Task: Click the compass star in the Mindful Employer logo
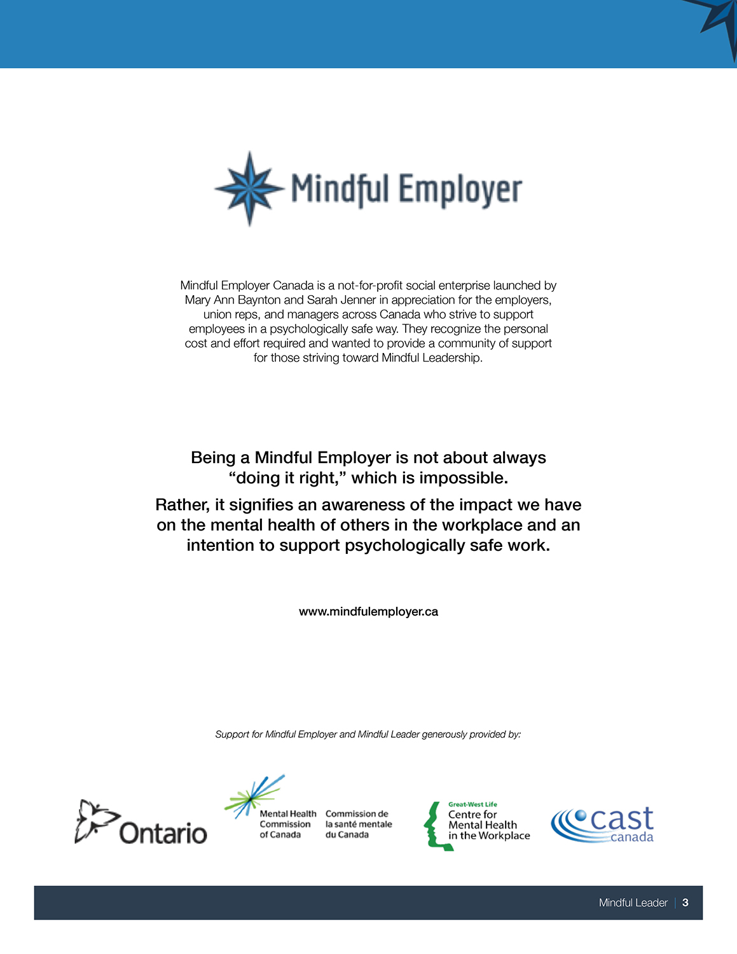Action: pos(249,188)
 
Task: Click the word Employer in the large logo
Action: pos(460,190)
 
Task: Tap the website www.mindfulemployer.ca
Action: pos(368,612)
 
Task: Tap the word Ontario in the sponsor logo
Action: pos(163,833)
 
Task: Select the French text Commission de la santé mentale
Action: pos(359,824)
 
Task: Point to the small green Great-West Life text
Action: pos(472,805)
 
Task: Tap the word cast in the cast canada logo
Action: pos(622,819)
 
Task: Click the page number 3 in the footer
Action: pos(685,902)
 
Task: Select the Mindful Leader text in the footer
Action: pos(633,902)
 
